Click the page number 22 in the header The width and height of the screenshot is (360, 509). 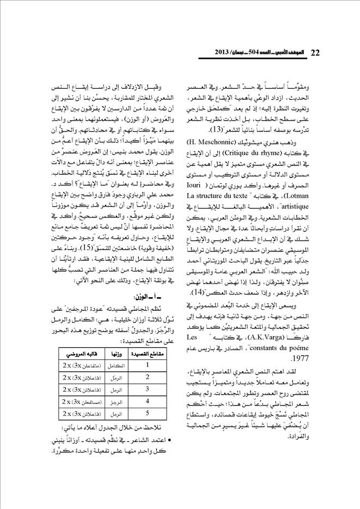click(315, 53)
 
